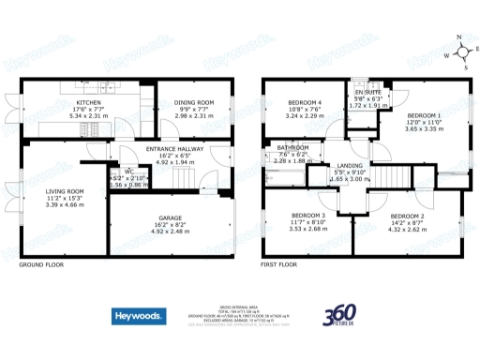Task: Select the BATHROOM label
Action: pos(292,147)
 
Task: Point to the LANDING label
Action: pos(350,166)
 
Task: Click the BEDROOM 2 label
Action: pos(408,217)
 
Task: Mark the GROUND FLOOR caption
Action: pos(43,265)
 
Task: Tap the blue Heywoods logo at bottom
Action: pos(139,317)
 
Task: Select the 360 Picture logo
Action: pos(339,319)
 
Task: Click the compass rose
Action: pos(458,52)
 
